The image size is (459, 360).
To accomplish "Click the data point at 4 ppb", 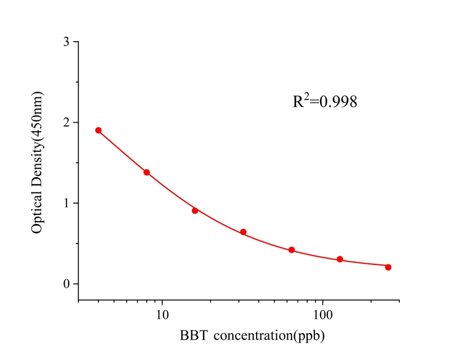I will coord(98,130).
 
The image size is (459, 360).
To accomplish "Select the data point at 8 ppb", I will coord(147,172).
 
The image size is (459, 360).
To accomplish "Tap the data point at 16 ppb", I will coord(195,210).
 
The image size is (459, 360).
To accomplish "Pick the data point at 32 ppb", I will coord(244,232).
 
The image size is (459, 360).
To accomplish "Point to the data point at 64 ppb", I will coord(291,250).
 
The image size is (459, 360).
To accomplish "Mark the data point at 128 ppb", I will coord(340,259).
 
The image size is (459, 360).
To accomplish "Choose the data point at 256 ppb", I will coord(388,267).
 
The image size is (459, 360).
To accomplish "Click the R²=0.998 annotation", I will coord(325,102).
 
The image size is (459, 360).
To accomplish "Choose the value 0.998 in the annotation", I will coord(338,102).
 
